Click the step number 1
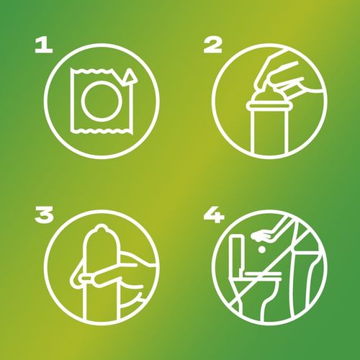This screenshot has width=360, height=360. coord(44,46)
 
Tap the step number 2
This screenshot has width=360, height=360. coord(212,46)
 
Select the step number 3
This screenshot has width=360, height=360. coord(44,216)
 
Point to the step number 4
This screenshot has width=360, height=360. coord(214,216)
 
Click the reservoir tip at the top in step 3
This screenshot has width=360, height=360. coord(100,228)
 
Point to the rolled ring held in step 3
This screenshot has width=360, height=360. coord(86,278)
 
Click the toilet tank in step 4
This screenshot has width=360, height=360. coord(235,255)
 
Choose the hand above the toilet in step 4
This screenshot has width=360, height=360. coord(263,235)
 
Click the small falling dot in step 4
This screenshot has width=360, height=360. coord(262,250)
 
